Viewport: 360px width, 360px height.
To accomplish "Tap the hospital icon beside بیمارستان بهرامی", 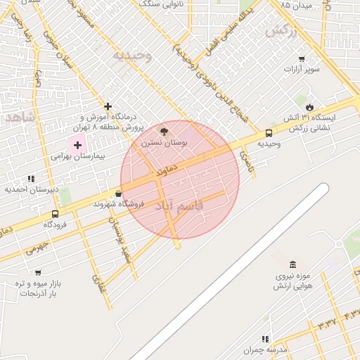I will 77,144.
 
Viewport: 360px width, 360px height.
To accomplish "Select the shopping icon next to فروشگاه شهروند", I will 117,193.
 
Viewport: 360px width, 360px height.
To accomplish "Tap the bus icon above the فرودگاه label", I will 55,214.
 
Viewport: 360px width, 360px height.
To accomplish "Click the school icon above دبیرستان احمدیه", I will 30,179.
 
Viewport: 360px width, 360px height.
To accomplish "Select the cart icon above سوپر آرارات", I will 302,58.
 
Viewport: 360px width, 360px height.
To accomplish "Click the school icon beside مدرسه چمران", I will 265,339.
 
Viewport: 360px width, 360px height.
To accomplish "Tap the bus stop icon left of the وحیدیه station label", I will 269,133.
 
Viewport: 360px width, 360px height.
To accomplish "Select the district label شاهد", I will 19,117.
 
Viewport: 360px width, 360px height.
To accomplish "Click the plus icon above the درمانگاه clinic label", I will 108,105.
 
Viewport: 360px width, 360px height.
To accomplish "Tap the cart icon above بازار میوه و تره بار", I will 37,273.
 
